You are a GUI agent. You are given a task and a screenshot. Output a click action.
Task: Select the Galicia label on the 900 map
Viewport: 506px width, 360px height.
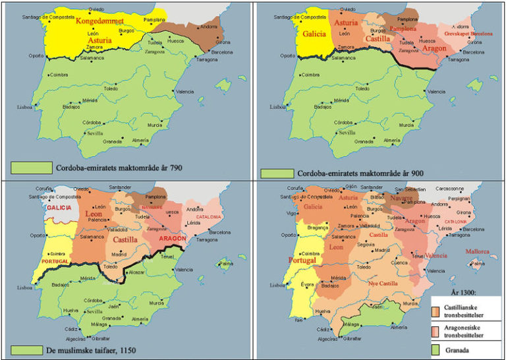[x=315, y=36]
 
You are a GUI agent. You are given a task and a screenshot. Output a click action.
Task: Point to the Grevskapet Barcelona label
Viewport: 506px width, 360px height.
[x=467, y=33]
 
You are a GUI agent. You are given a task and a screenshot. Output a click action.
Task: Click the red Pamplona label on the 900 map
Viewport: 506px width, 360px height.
[x=404, y=29]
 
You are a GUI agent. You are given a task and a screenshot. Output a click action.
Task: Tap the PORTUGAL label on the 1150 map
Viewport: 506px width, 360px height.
[x=55, y=262]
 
